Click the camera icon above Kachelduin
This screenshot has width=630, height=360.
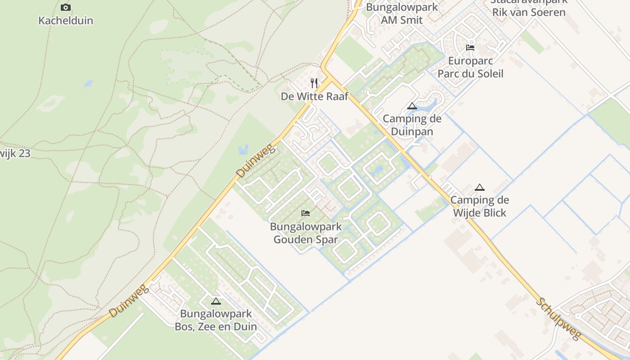[66, 7]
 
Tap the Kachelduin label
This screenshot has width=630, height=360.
[66, 21]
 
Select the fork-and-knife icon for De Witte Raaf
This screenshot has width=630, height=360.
[314, 83]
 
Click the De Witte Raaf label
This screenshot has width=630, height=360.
[315, 96]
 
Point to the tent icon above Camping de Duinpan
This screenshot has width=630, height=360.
[412, 106]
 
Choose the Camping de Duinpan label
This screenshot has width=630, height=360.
[412, 125]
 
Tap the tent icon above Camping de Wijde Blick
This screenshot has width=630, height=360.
[480, 187]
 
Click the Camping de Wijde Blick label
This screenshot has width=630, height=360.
[480, 206]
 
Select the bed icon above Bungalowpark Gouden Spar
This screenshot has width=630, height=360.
[306, 213]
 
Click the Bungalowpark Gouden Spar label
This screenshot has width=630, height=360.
[306, 233]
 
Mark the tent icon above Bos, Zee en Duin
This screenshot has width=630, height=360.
[216, 301]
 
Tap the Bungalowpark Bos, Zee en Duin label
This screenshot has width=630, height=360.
[216, 320]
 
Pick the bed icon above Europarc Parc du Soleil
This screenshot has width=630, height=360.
[470, 48]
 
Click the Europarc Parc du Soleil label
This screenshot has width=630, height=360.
[470, 67]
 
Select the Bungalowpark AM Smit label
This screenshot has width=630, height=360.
[402, 13]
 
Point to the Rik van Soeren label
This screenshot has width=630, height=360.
[529, 12]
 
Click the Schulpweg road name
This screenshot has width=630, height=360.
[558, 319]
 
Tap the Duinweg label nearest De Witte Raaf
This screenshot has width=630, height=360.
[255, 161]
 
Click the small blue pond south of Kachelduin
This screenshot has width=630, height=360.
[88, 84]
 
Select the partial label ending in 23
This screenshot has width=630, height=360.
[15, 153]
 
